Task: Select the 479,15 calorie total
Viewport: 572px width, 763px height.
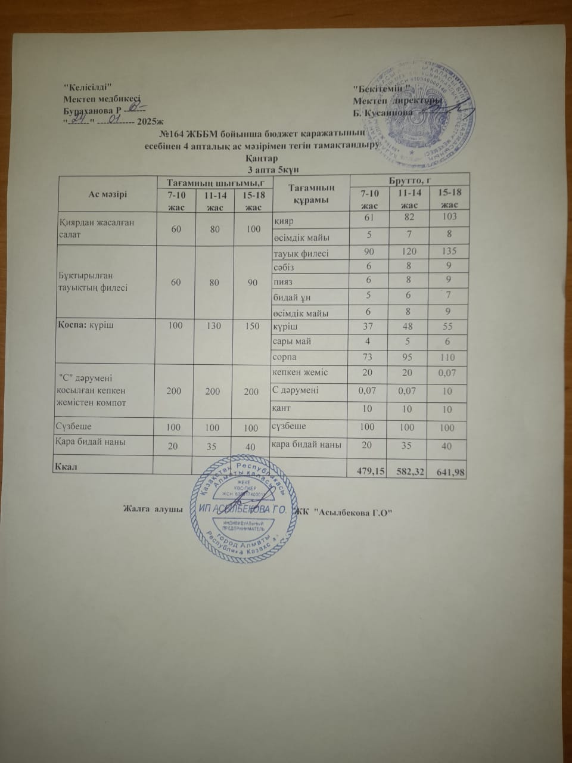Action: tap(370, 472)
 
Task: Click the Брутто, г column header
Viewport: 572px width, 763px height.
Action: tap(409, 179)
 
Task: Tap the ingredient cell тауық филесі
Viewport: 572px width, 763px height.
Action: tap(301, 253)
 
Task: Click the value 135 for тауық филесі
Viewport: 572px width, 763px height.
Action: tap(443, 252)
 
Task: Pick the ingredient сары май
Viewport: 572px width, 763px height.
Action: tap(292, 342)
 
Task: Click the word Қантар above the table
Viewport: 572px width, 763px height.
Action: tap(259, 159)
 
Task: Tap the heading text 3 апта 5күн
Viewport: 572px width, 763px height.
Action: tap(259, 169)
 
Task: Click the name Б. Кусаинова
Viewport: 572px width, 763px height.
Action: tap(382, 112)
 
